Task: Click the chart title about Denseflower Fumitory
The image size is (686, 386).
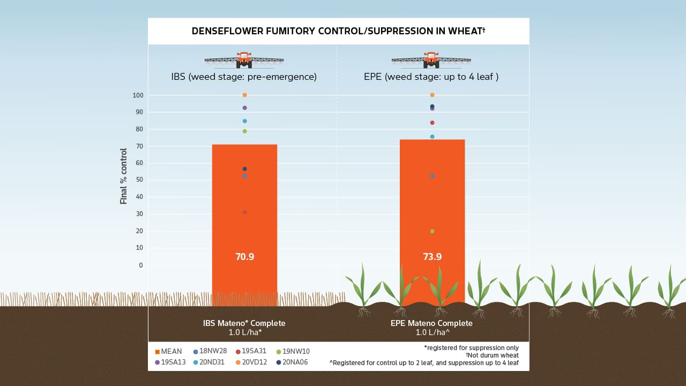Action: pos(338,31)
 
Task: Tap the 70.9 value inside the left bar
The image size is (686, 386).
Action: pos(244,257)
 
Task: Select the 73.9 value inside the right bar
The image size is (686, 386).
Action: pos(432,257)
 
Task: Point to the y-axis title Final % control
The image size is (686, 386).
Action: pos(124,176)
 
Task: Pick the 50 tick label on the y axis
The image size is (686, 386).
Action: pos(139,180)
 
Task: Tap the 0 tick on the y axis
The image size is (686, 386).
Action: pos(141,265)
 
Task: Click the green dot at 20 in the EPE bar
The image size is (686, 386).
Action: pos(432,231)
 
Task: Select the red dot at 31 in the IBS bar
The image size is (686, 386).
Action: pos(244,212)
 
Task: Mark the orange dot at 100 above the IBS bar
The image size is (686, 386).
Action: pos(244,95)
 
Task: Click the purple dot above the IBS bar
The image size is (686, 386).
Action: pos(244,108)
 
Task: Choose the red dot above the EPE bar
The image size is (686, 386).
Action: pos(432,123)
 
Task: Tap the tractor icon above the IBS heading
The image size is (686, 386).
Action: pos(244,60)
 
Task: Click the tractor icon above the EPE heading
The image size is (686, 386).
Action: pos(431,60)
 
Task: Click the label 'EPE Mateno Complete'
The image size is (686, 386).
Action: pos(431,323)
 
